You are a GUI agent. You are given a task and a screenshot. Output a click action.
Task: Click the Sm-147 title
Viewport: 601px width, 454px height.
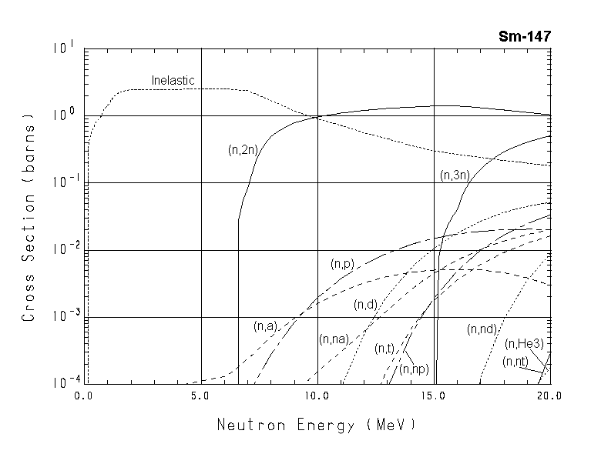coord(524,36)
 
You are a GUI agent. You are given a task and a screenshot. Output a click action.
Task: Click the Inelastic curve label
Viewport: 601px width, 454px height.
coord(173,80)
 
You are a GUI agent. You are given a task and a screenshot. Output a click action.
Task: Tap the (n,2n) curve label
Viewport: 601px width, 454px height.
coord(242,149)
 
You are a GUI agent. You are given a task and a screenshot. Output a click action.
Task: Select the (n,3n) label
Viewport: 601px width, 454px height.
coord(455,175)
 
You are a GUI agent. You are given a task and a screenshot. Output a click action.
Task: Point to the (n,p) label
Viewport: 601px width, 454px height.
coord(342,264)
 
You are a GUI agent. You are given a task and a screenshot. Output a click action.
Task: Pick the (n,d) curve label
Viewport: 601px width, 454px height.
coord(365,305)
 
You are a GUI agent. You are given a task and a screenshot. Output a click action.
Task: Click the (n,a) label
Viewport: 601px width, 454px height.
coord(264,326)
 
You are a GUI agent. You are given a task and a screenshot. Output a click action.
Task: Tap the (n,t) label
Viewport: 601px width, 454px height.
coord(384,349)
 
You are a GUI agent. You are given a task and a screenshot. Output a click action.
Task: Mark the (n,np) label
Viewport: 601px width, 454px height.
coord(414,369)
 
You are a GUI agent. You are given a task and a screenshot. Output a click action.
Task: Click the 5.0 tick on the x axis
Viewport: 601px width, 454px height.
coord(200,396)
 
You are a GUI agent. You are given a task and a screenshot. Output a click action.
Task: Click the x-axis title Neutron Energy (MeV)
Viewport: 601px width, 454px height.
coord(316,424)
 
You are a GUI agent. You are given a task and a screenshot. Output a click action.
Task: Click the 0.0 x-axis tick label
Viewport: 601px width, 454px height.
coord(84,396)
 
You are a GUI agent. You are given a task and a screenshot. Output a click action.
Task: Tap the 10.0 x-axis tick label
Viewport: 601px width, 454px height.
coord(317,396)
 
